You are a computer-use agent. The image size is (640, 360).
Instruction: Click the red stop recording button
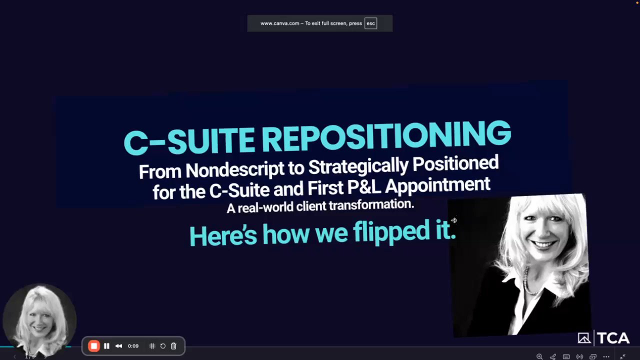click(93, 346)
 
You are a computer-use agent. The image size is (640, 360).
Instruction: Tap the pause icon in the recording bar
click(106, 346)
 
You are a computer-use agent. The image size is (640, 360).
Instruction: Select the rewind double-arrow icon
click(118, 346)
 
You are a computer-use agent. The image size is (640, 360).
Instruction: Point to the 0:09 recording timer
click(133, 346)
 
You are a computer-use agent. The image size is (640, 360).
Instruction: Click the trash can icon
click(173, 346)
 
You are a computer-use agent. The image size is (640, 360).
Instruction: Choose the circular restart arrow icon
click(163, 346)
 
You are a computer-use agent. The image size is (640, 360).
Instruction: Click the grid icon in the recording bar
click(152, 346)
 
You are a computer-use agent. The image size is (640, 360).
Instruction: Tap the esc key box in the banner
click(370, 23)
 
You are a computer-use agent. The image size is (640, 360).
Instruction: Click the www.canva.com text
click(279, 23)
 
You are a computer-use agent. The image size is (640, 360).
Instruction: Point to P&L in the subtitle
click(364, 187)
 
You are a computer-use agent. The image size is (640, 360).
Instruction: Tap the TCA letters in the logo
click(613, 338)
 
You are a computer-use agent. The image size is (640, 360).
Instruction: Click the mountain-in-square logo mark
click(584, 338)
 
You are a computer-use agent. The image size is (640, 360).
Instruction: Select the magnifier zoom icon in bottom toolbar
click(539, 356)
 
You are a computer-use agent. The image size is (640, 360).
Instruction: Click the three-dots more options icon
click(606, 356)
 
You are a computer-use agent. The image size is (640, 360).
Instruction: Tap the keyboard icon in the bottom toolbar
click(566, 356)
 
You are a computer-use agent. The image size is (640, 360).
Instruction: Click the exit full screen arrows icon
click(622, 356)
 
